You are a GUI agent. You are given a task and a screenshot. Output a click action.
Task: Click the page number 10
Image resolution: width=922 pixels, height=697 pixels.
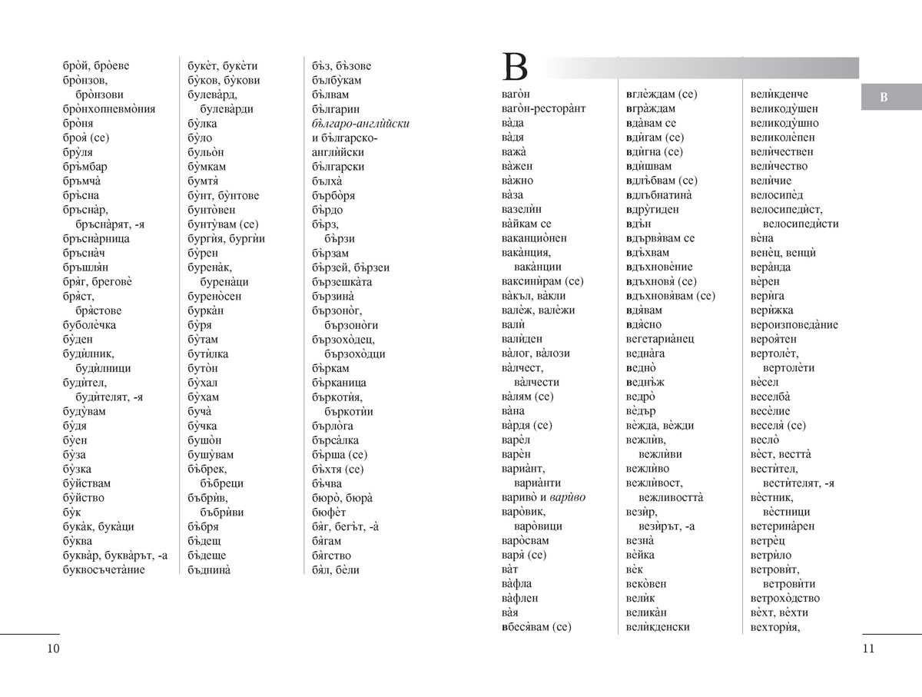[53, 649]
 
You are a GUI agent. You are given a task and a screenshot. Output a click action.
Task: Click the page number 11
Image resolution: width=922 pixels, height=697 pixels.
[868, 649]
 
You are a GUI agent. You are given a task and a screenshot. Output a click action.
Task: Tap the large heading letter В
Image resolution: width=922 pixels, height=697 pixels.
[515, 68]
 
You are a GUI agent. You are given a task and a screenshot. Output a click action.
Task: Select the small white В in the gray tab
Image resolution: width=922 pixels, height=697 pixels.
[883, 97]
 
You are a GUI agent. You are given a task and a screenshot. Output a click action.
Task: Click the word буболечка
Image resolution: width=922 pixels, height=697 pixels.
[91, 324]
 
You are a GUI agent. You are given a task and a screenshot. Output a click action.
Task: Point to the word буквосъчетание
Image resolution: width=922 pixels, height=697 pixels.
[104, 569]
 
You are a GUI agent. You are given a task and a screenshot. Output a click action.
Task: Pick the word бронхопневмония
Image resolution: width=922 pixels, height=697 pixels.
[109, 108]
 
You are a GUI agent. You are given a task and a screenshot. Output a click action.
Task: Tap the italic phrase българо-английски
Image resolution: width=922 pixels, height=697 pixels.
[361, 123]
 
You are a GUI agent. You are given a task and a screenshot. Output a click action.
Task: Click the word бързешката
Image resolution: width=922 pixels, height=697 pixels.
[343, 281]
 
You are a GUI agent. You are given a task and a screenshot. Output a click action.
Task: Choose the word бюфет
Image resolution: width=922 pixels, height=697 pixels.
[330, 512]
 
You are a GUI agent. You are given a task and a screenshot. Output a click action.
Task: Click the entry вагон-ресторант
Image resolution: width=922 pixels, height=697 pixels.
[542, 108]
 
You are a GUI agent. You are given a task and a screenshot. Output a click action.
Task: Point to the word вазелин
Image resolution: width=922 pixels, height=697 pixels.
[522, 209]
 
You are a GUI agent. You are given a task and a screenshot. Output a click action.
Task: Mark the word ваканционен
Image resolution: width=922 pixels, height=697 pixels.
[533, 238]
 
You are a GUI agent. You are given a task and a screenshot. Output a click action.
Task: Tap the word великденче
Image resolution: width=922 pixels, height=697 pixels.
[779, 94]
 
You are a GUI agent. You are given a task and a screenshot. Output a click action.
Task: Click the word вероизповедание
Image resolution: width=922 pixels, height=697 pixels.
[794, 324]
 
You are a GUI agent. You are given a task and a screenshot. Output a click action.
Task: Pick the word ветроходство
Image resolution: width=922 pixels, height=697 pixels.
[784, 598]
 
